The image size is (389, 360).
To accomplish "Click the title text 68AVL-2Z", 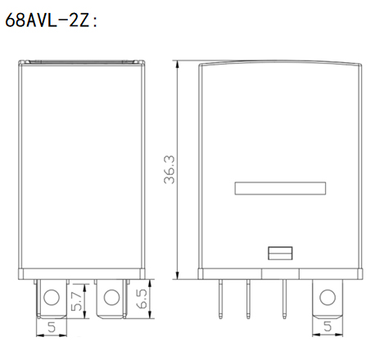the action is [x=47, y=20].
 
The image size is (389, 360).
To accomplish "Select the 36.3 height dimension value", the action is [x=170, y=169].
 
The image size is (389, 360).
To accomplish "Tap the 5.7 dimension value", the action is [x=76, y=301].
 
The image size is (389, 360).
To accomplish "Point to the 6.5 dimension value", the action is [x=142, y=299].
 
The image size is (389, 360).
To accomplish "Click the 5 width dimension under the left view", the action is [x=52, y=327].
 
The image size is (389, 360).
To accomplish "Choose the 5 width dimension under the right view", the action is [x=328, y=326].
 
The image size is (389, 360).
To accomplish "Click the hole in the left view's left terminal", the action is [x=52, y=297].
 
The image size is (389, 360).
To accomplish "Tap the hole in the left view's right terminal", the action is [x=111, y=297].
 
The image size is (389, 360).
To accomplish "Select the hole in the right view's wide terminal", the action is [x=328, y=297].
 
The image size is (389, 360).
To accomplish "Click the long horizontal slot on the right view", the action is [x=280, y=188].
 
